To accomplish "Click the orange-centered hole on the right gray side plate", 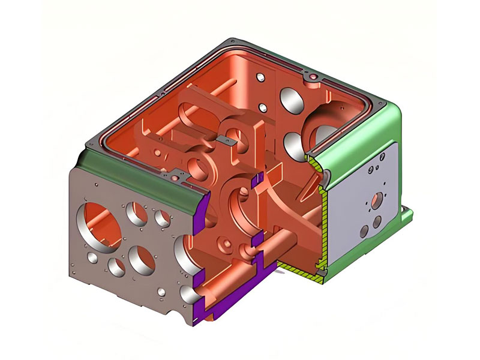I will pos(376,201).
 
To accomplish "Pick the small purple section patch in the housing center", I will pos(259,178).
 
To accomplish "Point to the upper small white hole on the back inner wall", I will pos(260,79).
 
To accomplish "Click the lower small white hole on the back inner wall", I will pos(262,107).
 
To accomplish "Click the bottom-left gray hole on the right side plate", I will pos(364,232).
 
